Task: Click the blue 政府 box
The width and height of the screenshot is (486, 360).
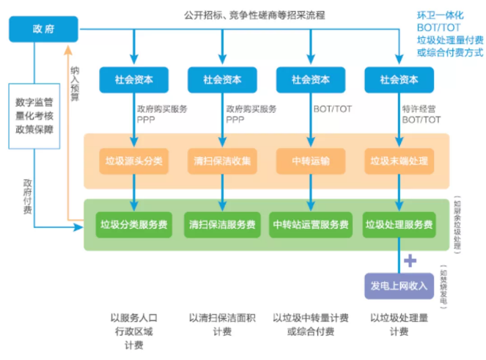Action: (x=43, y=29)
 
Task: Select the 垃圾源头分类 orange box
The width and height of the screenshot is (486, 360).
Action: (x=134, y=161)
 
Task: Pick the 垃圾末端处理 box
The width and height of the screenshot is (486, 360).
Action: (x=399, y=161)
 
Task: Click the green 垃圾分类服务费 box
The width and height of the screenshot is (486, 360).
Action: (x=134, y=224)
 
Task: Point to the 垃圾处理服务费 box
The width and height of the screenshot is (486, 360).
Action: (x=399, y=224)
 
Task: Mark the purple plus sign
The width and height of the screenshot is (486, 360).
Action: (x=410, y=260)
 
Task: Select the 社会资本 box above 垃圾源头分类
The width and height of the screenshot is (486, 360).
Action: (x=134, y=79)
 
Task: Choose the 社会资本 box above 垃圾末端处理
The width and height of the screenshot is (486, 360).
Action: (x=399, y=79)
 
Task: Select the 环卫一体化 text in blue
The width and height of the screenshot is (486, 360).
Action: (x=441, y=15)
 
